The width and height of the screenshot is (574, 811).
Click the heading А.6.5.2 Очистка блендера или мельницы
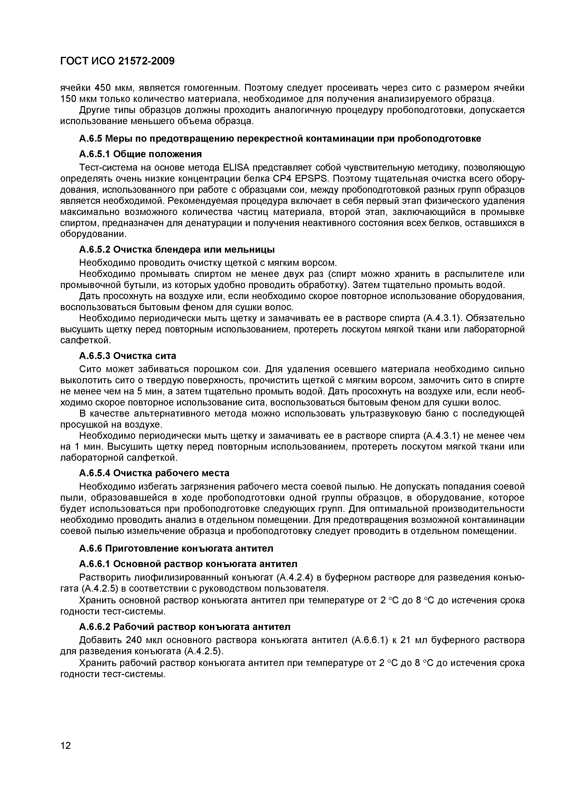177,250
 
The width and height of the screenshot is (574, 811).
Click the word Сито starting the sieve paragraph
90,369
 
